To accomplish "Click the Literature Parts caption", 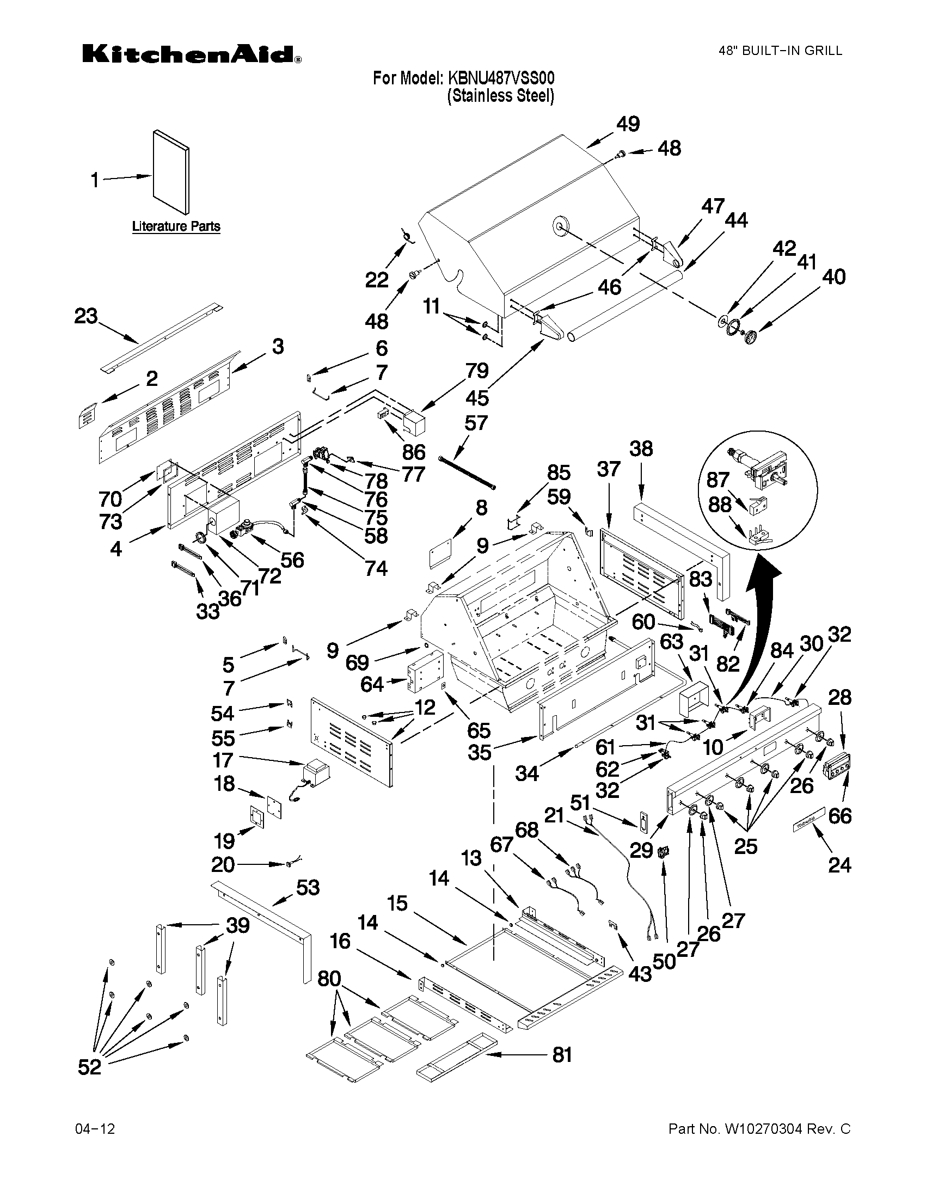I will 176,226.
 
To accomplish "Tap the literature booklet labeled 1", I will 171,172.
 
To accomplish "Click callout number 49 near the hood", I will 628,124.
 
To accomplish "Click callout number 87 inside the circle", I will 718,480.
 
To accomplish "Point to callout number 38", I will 641,449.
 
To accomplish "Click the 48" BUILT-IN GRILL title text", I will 780,51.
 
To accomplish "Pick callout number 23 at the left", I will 86,316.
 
